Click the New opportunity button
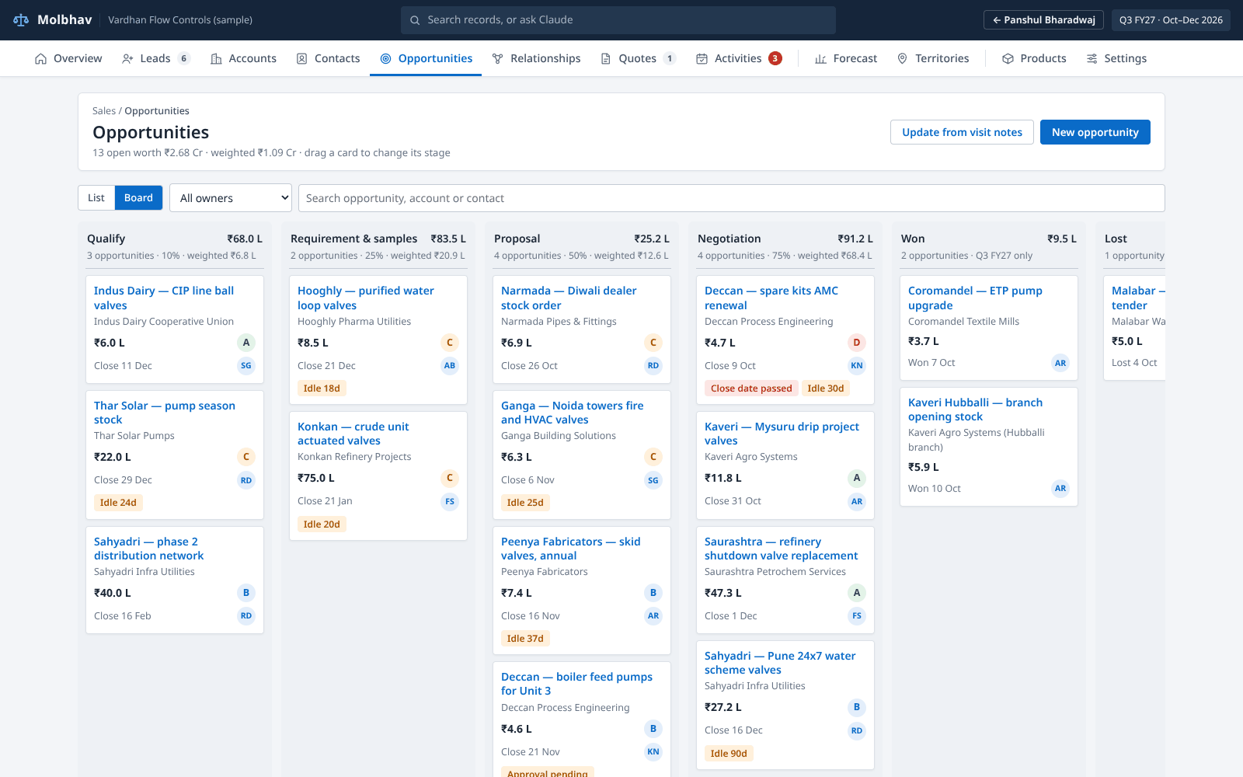[x=1095, y=132]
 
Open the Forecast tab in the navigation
[x=846, y=58]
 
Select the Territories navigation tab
[x=933, y=58]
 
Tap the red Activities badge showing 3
[x=775, y=58]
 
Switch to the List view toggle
[x=96, y=197]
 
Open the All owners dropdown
[x=231, y=197]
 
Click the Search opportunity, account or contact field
[x=731, y=198]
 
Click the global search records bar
[x=618, y=20]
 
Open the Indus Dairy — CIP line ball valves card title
[x=164, y=298]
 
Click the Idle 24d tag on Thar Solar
[x=118, y=502]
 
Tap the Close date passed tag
[x=751, y=388]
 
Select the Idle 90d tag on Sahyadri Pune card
[x=729, y=753]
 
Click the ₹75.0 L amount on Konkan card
[x=315, y=478]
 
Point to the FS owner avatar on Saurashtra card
[x=857, y=615]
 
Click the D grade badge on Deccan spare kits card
[x=857, y=343]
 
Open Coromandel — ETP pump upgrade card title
[x=975, y=298]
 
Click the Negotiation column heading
[x=729, y=239]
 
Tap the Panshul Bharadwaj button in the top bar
[x=1043, y=20]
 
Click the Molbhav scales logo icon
[x=21, y=20]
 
